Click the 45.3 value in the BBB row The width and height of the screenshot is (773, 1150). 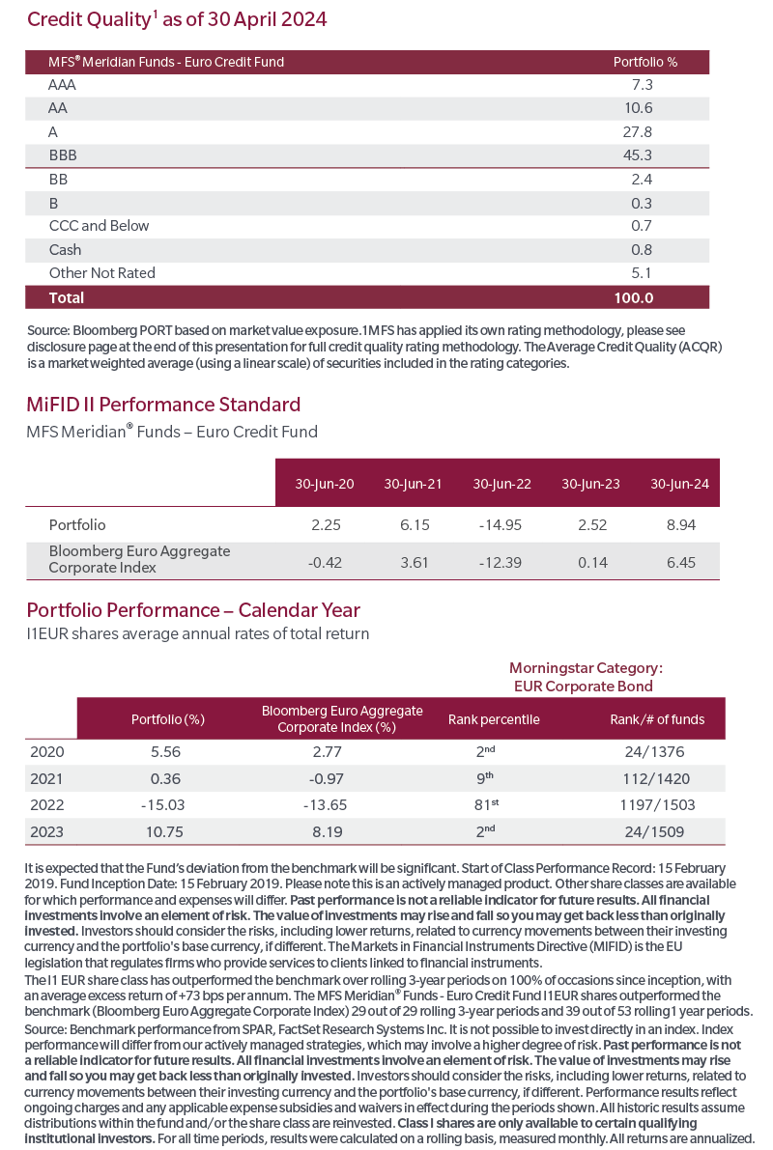(637, 155)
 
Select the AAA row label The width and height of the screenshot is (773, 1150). (63, 85)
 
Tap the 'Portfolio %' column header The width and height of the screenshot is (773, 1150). (645, 63)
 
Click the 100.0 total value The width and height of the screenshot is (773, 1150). (634, 297)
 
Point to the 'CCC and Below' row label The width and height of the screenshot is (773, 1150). (100, 226)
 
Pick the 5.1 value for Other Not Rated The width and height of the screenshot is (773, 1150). (642, 273)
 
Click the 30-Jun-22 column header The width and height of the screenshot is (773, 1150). (502, 484)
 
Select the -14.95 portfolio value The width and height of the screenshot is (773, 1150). (500, 525)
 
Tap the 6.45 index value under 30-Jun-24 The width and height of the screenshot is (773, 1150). (681, 563)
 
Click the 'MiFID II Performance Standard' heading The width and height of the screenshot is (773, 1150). (163, 405)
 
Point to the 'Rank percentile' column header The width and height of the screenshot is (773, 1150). (494, 719)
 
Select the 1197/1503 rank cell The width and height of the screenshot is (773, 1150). (657, 804)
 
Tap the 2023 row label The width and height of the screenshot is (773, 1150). (47, 831)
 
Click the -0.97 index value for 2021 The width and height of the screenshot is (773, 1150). (326, 779)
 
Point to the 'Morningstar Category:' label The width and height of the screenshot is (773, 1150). (586, 668)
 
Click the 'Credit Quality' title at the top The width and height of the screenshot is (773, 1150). (89, 19)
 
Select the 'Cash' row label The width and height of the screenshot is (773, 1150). (66, 250)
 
